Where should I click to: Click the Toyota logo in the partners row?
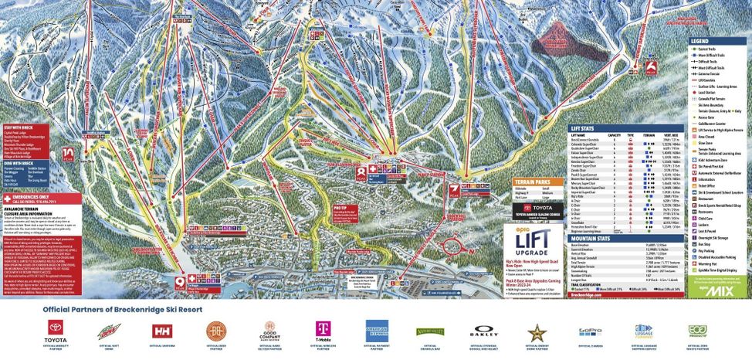point(56,331)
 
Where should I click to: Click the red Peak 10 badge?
point(69,153)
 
